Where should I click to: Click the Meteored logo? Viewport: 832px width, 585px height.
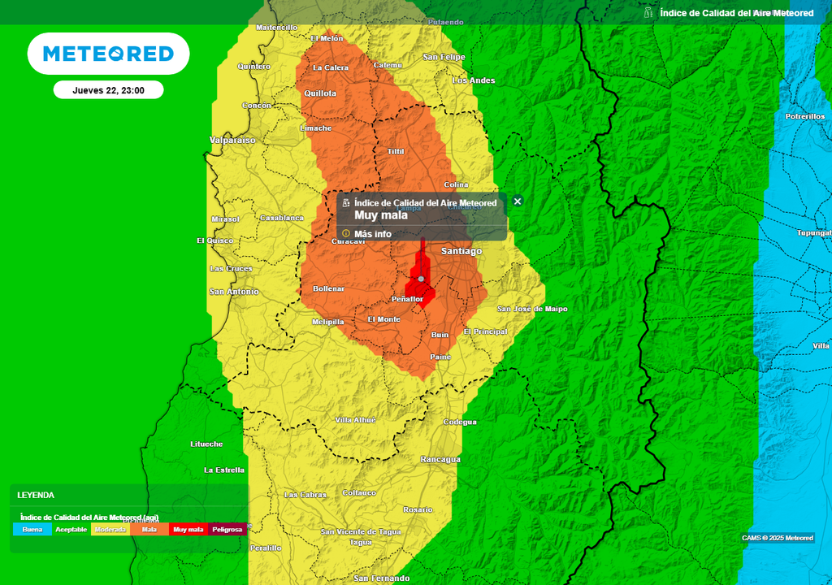(x=108, y=54)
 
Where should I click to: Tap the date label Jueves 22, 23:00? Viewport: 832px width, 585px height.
(x=108, y=90)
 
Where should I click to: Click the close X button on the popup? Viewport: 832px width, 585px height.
(x=518, y=201)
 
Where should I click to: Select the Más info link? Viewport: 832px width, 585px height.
(x=372, y=234)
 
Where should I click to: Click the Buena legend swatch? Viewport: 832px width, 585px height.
(x=32, y=529)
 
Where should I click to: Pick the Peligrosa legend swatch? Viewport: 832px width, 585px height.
(x=227, y=529)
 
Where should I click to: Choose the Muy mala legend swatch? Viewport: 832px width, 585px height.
(x=188, y=529)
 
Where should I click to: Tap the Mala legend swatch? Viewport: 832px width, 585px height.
(x=149, y=529)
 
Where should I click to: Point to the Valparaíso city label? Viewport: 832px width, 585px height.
(x=232, y=140)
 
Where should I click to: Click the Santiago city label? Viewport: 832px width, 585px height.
(x=461, y=251)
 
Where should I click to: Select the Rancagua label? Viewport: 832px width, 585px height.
(x=440, y=459)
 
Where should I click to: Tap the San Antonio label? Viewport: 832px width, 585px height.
(x=234, y=291)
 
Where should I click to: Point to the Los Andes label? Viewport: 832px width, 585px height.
(x=473, y=80)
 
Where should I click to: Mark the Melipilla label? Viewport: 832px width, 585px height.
(x=328, y=322)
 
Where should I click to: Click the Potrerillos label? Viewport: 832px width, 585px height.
(x=805, y=116)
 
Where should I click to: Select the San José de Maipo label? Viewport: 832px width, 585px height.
(x=532, y=309)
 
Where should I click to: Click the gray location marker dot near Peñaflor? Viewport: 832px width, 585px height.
(x=421, y=279)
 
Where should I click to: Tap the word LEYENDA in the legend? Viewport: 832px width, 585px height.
(x=36, y=495)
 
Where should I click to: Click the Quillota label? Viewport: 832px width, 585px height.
(x=319, y=93)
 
